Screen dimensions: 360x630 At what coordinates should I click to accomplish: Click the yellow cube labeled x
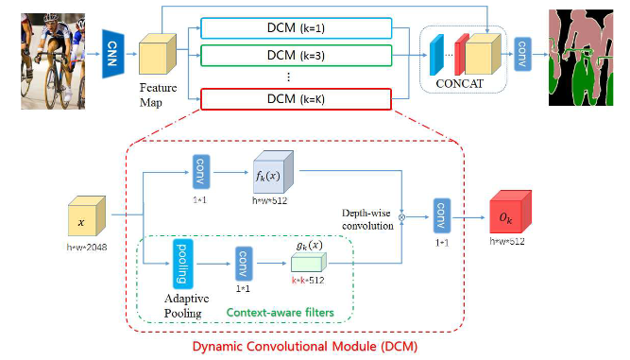(x=82, y=219)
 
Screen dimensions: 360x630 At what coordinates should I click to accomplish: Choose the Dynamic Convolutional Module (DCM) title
(x=303, y=345)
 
